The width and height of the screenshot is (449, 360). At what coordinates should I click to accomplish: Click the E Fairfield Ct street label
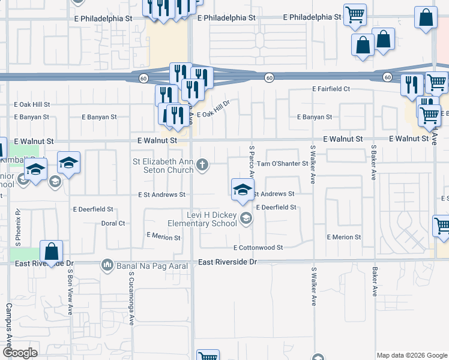point(331,89)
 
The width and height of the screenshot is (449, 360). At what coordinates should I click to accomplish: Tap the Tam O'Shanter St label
point(282,163)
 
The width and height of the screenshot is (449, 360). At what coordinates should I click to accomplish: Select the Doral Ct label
point(113,223)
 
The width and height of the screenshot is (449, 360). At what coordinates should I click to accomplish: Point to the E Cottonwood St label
point(258,247)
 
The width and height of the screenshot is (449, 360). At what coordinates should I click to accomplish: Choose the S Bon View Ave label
point(70,287)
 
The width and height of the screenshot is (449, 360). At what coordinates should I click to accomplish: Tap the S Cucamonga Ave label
point(130,295)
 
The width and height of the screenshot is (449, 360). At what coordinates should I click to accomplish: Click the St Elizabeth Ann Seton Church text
point(163,165)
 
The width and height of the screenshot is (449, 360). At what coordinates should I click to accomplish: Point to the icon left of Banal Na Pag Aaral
point(107,264)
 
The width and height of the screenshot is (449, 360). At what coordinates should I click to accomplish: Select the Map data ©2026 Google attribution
point(412,355)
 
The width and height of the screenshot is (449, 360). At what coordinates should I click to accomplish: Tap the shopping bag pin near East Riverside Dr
point(51,251)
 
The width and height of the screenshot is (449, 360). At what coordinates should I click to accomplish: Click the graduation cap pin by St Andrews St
point(242,190)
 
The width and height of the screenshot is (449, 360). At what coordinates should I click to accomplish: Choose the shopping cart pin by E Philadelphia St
point(355,14)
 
